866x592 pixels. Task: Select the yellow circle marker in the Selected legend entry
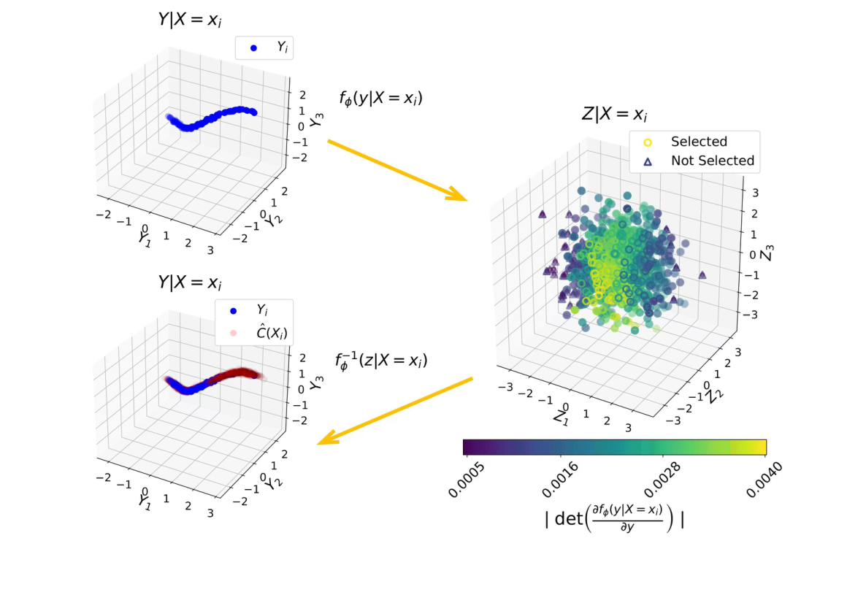[645, 142]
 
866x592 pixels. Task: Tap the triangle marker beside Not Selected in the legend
[645, 161]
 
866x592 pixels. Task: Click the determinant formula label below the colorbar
[614, 520]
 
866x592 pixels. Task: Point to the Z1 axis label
[560, 418]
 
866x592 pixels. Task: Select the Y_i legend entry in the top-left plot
[266, 48]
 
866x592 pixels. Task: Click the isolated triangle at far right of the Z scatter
[702, 275]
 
